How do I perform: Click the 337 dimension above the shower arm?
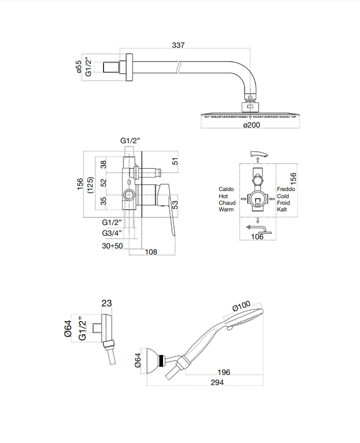178,45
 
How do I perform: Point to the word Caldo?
226,189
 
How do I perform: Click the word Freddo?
286,189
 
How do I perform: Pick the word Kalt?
282,209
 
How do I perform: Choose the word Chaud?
227,203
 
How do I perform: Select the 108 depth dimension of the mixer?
151,252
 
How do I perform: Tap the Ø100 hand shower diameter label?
242,306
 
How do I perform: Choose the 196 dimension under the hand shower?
223,372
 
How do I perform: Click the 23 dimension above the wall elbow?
107,303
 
